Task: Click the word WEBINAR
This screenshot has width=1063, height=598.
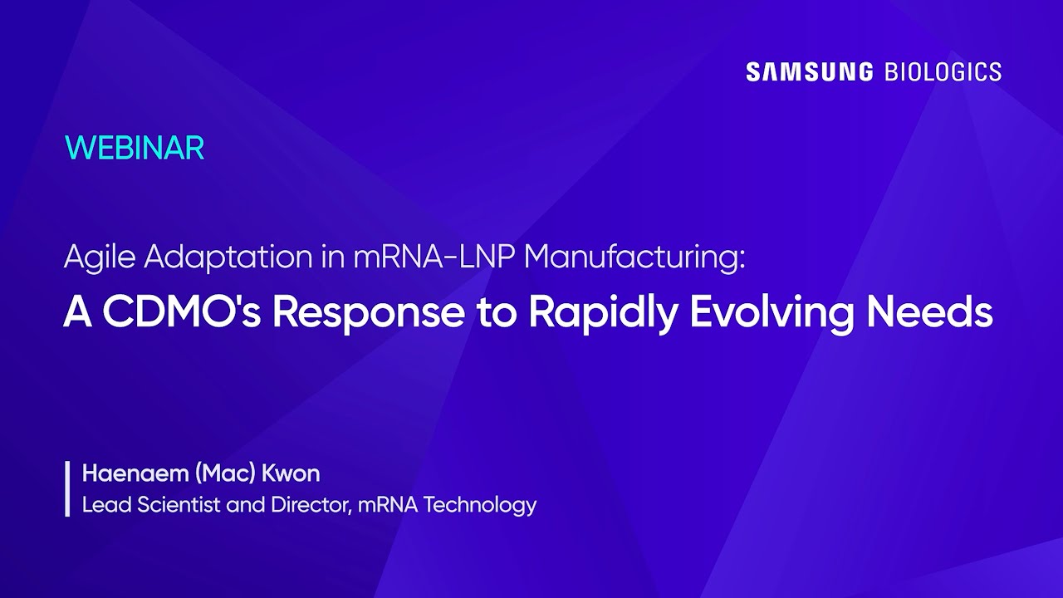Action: coord(135,148)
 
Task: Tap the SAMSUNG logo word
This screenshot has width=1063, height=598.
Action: coord(810,72)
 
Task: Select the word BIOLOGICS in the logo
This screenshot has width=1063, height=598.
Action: coord(943,72)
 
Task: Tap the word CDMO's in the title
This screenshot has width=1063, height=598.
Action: coord(181,312)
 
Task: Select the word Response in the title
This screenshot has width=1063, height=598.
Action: coord(369,314)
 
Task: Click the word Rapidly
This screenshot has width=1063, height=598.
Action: coord(603,314)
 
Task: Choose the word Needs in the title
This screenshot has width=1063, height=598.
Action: coord(929,312)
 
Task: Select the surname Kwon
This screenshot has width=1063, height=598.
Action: coord(291,473)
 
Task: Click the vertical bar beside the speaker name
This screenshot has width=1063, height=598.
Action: coord(67,488)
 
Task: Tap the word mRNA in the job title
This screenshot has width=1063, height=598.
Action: coord(388,505)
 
